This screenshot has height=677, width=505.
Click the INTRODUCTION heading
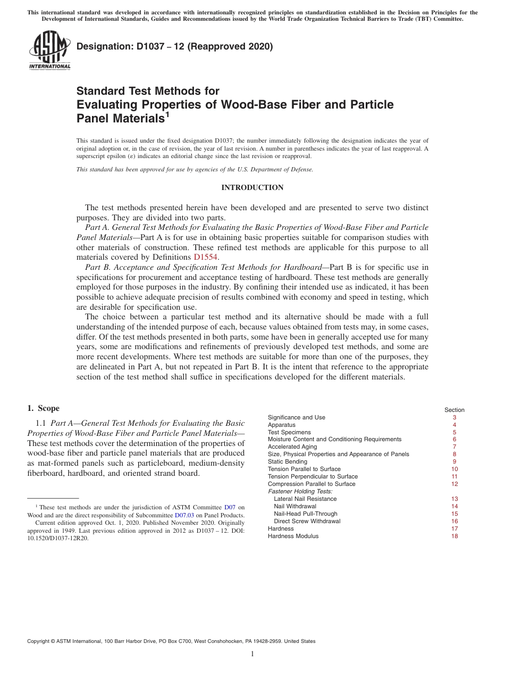252,188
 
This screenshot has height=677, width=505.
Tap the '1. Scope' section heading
43,408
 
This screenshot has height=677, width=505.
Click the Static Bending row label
288,461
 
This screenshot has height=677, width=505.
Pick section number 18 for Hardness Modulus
454,536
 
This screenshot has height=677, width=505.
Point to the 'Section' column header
454,410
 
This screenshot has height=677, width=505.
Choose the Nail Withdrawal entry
295,506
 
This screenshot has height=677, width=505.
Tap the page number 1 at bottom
252,654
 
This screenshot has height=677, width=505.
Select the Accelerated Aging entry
292,447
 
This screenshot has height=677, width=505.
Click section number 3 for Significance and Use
454,417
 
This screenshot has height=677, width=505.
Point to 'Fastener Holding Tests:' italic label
300,491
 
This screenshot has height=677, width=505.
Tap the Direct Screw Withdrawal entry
307,521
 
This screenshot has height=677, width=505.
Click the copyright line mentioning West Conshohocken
171,641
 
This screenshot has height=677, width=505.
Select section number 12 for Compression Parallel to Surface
454,484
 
